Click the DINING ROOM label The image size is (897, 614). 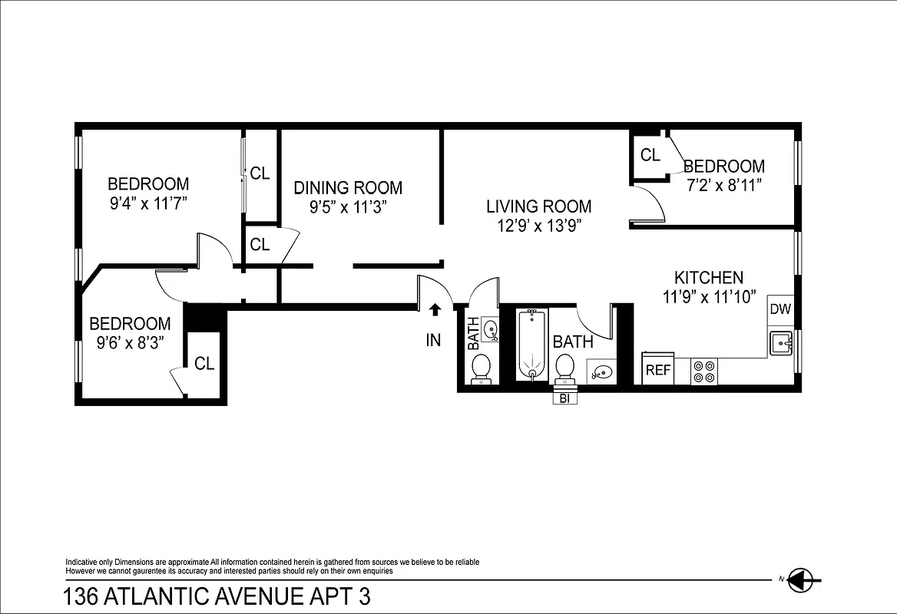[348, 188]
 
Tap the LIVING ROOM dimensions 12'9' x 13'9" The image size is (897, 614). [538, 226]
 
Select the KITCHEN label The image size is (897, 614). [708, 278]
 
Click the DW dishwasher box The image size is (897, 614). [780, 310]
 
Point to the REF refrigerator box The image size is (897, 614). [658, 369]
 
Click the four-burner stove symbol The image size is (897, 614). [703, 371]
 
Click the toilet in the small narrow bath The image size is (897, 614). [481, 368]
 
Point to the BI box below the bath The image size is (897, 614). [564, 398]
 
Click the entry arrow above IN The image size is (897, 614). [435, 310]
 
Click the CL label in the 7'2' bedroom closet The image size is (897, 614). [650, 155]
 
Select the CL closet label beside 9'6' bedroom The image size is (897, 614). [204, 364]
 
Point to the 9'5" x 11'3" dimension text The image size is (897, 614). [348, 206]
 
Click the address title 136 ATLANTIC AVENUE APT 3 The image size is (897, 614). [220, 596]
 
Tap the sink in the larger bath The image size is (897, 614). [602, 372]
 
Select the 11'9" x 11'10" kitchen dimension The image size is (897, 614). [710, 296]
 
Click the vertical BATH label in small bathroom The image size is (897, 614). [472, 334]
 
